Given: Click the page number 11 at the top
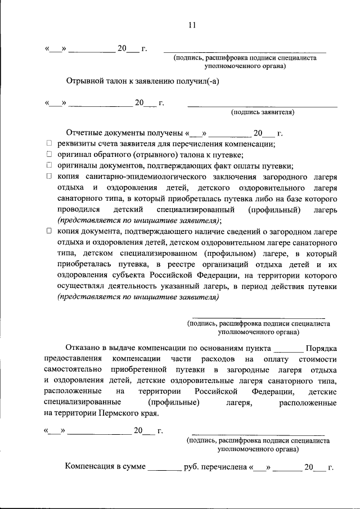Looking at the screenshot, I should click(x=192, y=25).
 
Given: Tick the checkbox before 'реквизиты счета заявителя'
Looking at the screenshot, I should click(x=49, y=144).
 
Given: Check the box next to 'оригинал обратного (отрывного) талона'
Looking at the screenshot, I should click(x=49, y=154).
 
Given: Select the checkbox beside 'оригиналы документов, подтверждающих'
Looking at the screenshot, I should click(x=49, y=165).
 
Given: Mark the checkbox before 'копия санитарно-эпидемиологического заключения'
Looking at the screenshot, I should click(x=49, y=176).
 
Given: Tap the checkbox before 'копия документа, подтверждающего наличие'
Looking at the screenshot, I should click(x=49, y=231).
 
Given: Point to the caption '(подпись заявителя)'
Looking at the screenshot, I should click(x=263, y=112).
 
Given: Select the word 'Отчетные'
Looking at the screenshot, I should click(x=84, y=133).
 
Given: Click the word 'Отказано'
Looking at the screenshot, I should click(x=84, y=348).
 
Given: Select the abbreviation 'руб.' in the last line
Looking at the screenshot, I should click(x=192, y=467).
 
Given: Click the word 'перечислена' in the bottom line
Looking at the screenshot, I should click(x=227, y=467).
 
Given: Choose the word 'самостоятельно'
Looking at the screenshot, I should click(x=73, y=370).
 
